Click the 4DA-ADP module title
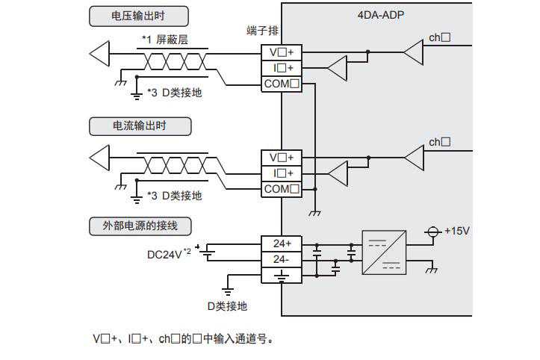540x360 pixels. pos(381,14)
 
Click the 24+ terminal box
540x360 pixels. pos(282,243)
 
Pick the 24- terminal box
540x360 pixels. pos(282,259)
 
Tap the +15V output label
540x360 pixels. pos(456,231)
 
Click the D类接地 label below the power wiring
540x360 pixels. pos(227,305)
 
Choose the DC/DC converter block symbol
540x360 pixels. pos(384,251)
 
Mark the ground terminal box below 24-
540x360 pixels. pos(282,275)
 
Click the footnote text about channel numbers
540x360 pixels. pos(184,339)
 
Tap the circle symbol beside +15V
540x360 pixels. pos(431,231)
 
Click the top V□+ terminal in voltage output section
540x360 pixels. pos(282,52)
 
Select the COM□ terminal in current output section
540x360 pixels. pos(282,189)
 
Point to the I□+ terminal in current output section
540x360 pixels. pos(282,173)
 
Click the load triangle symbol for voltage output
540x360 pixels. pos(99,53)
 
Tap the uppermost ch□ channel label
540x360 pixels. pos(440,37)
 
